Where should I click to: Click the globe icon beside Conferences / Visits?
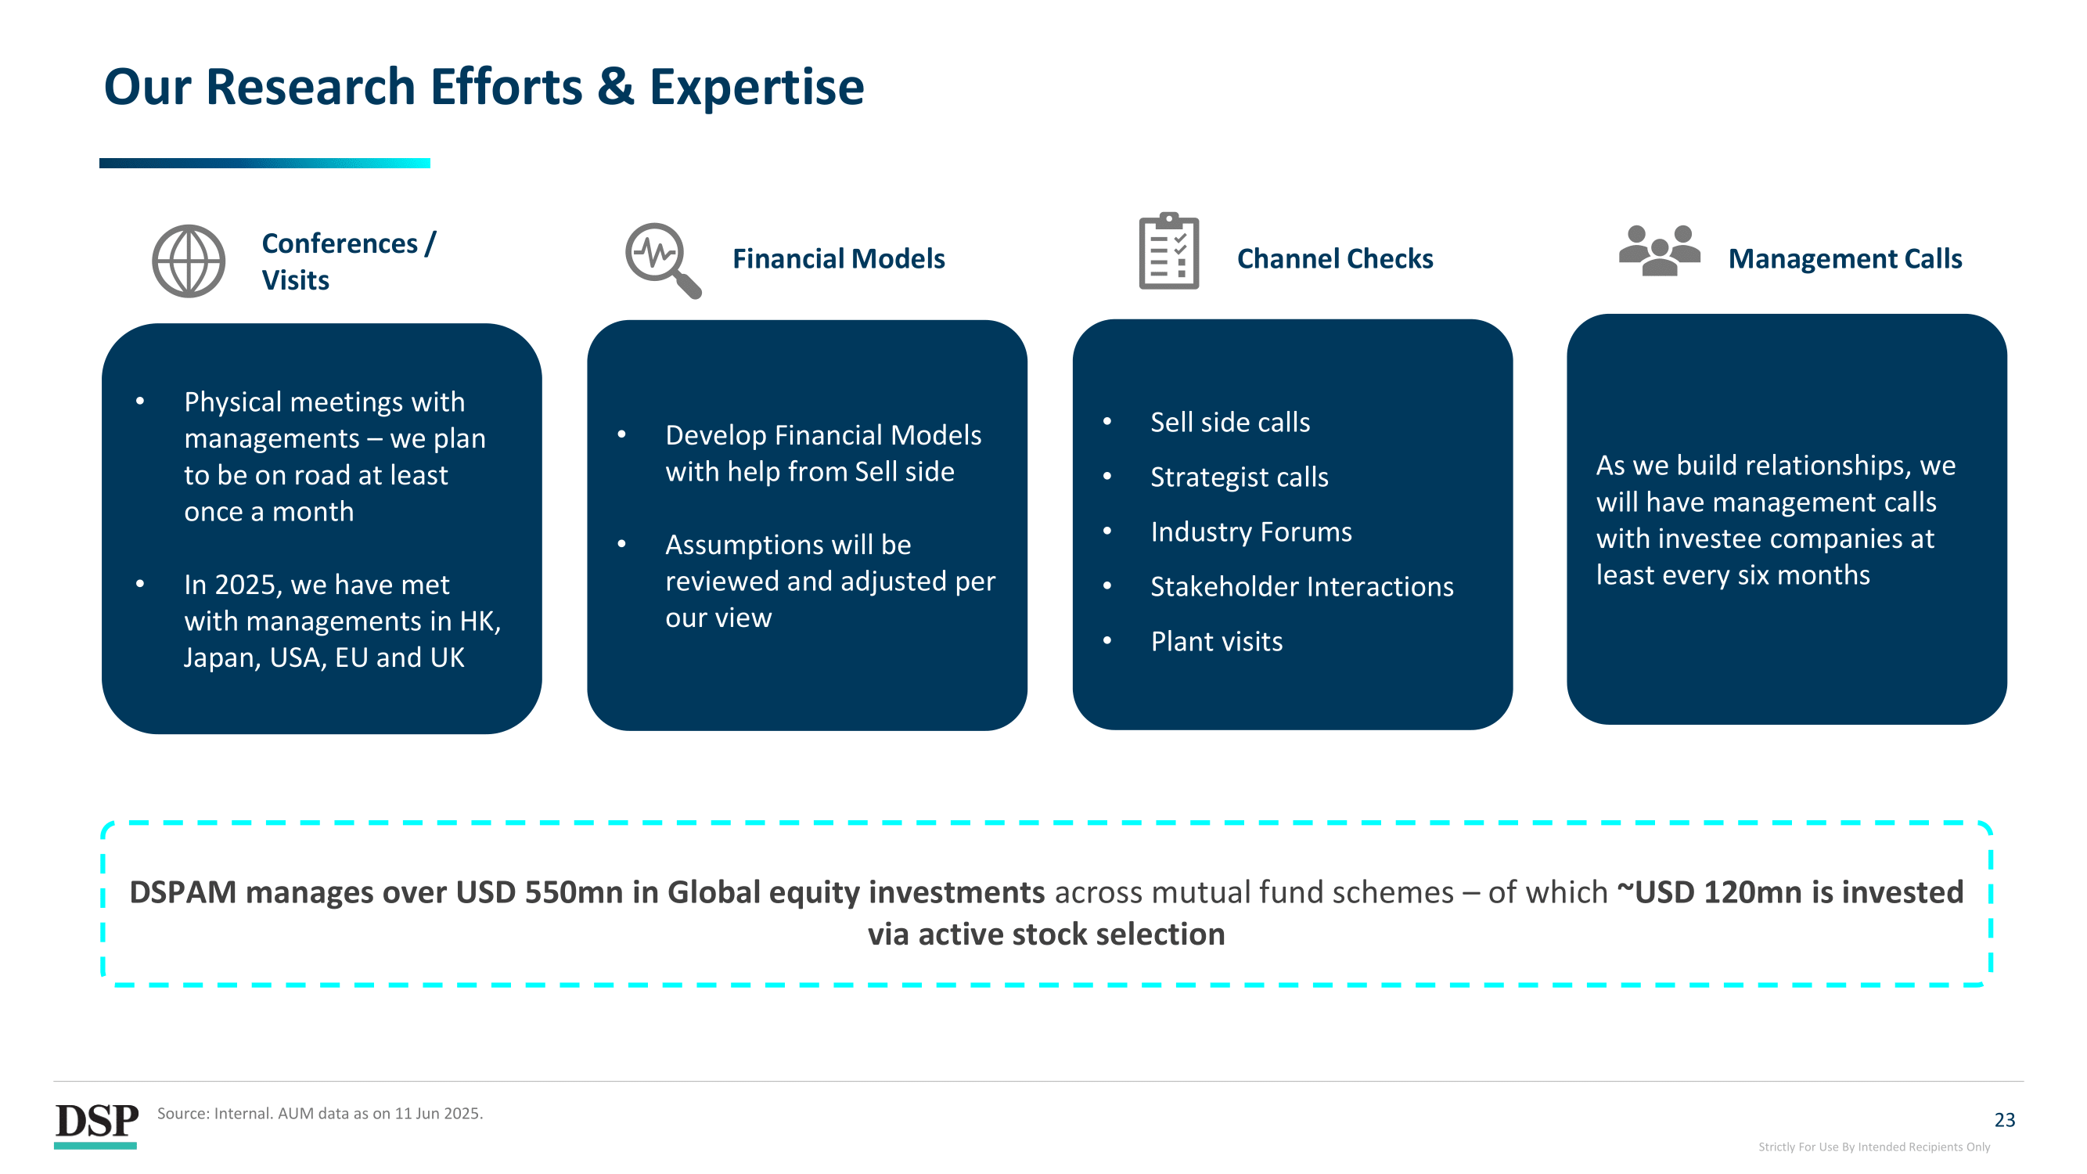point(189,261)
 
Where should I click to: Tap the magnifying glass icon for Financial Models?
point(663,260)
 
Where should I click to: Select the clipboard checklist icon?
point(1168,250)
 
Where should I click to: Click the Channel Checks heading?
point(1334,258)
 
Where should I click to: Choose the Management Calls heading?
point(1844,258)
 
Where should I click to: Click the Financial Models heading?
point(839,258)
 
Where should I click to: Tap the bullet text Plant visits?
point(1216,641)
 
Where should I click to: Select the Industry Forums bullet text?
point(1251,531)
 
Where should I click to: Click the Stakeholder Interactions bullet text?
point(1302,585)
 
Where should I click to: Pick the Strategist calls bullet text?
point(1240,477)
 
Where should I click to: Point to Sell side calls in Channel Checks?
point(1230,422)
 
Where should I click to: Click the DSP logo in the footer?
point(95,1125)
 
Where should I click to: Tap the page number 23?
point(2004,1120)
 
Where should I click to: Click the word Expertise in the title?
point(757,88)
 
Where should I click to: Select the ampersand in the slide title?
point(616,86)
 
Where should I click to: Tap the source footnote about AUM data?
point(320,1113)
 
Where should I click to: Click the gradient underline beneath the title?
point(265,163)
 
